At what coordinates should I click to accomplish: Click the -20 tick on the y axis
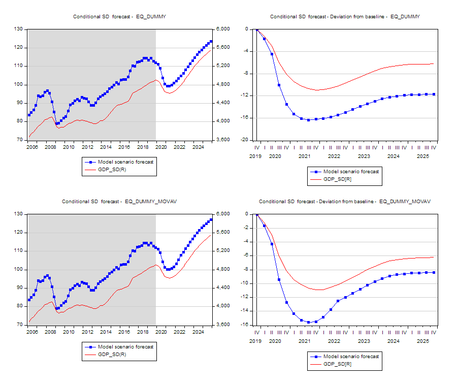[x=245, y=140]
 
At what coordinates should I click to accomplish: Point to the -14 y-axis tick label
[x=245, y=311]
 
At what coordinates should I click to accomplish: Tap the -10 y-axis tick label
[x=245, y=283]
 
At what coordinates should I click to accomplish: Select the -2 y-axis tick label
[x=246, y=228]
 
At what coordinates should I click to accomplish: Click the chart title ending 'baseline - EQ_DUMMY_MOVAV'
[x=344, y=202]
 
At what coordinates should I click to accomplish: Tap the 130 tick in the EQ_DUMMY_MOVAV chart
[x=19, y=214]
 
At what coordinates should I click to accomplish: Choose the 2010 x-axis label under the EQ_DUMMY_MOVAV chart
[x=69, y=332]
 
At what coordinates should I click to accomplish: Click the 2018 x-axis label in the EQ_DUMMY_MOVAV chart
[x=143, y=332]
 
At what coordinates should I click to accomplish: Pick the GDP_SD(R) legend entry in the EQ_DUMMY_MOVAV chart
[x=112, y=354]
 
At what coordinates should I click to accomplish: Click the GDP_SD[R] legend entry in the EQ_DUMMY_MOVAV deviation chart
[x=338, y=364]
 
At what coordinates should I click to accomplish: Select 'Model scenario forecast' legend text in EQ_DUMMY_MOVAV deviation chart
[x=351, y=357]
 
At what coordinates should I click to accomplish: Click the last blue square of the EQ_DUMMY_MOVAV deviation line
[x=434, y=273]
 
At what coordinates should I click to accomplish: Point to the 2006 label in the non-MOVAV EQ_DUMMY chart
[x=31, y=147]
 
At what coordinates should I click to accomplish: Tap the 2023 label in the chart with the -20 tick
[x=364, y=156]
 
